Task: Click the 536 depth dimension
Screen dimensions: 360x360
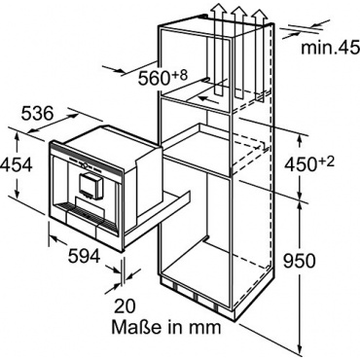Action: (37, 114)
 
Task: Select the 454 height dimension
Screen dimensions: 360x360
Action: (17, 165)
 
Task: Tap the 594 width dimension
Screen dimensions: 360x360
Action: (84, 257)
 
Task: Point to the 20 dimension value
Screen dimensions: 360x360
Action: (125, 306)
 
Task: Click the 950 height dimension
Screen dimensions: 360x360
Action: (299, 261)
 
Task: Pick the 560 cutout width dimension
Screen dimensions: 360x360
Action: (155, 79)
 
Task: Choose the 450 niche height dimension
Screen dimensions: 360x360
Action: (301, 165)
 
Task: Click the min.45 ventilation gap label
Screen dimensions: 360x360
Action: (331, 48)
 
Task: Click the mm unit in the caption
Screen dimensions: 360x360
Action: (206, 329)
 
